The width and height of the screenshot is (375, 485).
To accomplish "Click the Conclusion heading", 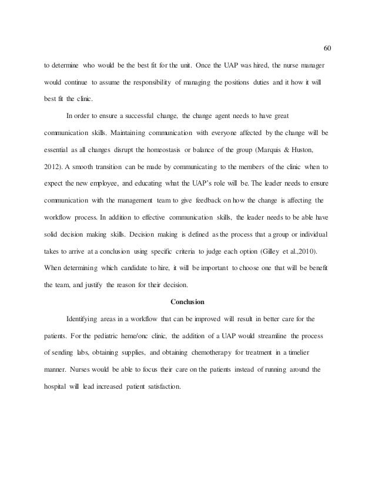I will (187, 302).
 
